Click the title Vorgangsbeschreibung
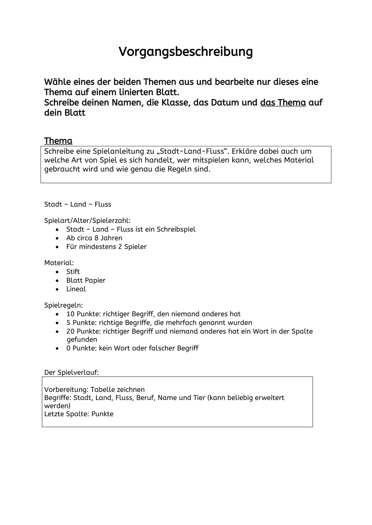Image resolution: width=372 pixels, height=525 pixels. tap(185, 51)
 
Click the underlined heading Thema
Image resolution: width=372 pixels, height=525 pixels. tap(58, 141)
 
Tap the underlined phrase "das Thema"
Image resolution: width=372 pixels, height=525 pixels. tap(283, 103)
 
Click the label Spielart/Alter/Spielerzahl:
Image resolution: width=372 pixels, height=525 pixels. tap(87, 220)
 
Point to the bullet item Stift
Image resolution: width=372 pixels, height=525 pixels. tap(73, 272)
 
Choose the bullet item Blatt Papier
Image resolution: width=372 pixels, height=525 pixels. tap(86, 280)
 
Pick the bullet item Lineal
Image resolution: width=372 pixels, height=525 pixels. tap(76, 289)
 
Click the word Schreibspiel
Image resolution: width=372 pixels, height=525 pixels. tap(176, 229)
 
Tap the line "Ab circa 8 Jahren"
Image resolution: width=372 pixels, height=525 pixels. tap(94, 238)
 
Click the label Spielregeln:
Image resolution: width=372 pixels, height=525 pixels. tap(63, 305)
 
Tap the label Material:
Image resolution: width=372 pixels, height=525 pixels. tap(59, 263)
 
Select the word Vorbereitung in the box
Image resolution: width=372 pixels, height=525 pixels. tap(66, 390)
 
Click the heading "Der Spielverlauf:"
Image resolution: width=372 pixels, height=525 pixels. tap(72, 372)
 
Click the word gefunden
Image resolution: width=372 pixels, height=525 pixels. tap(82, 339)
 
